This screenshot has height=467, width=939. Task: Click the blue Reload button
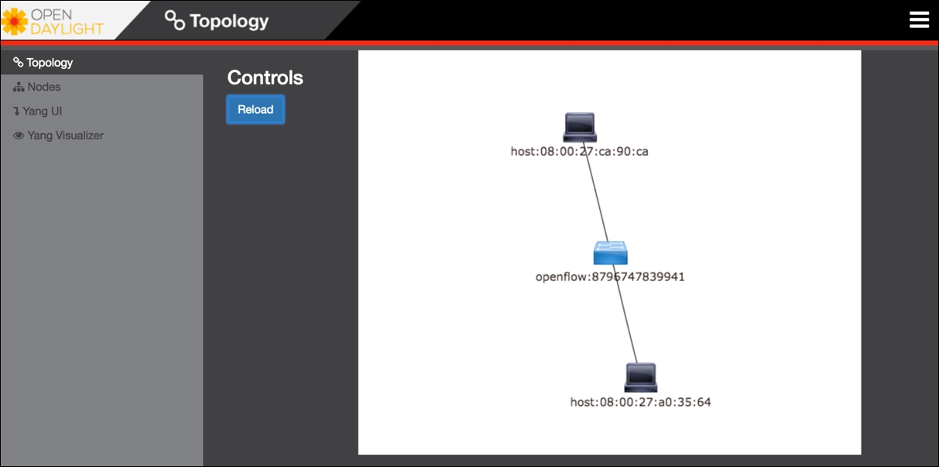click(255, 109)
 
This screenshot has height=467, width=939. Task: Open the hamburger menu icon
click(919, 19)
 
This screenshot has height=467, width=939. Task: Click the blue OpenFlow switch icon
click(610, 252)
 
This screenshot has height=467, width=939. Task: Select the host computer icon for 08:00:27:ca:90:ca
click(580, 127)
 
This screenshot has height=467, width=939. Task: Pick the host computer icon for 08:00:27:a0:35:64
click(640, 377)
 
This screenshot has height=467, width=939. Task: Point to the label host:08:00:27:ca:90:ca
click(579, 151)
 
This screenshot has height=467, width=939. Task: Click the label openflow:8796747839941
click(610, 276)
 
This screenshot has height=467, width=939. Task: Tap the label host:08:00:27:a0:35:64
click(640, 402)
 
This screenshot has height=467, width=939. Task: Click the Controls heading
click(265, 77)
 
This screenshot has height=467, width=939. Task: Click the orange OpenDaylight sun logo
click(14, 22)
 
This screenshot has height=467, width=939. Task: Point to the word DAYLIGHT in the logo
click(67, 29)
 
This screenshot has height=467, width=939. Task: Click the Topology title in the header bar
click(229, 21)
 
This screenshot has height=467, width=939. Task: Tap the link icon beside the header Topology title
click(174, 20)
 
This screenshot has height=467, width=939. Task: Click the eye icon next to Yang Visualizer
click(19, 136)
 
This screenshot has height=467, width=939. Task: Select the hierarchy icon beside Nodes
click(19, 87)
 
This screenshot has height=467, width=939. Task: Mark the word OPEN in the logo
click(51, 15)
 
